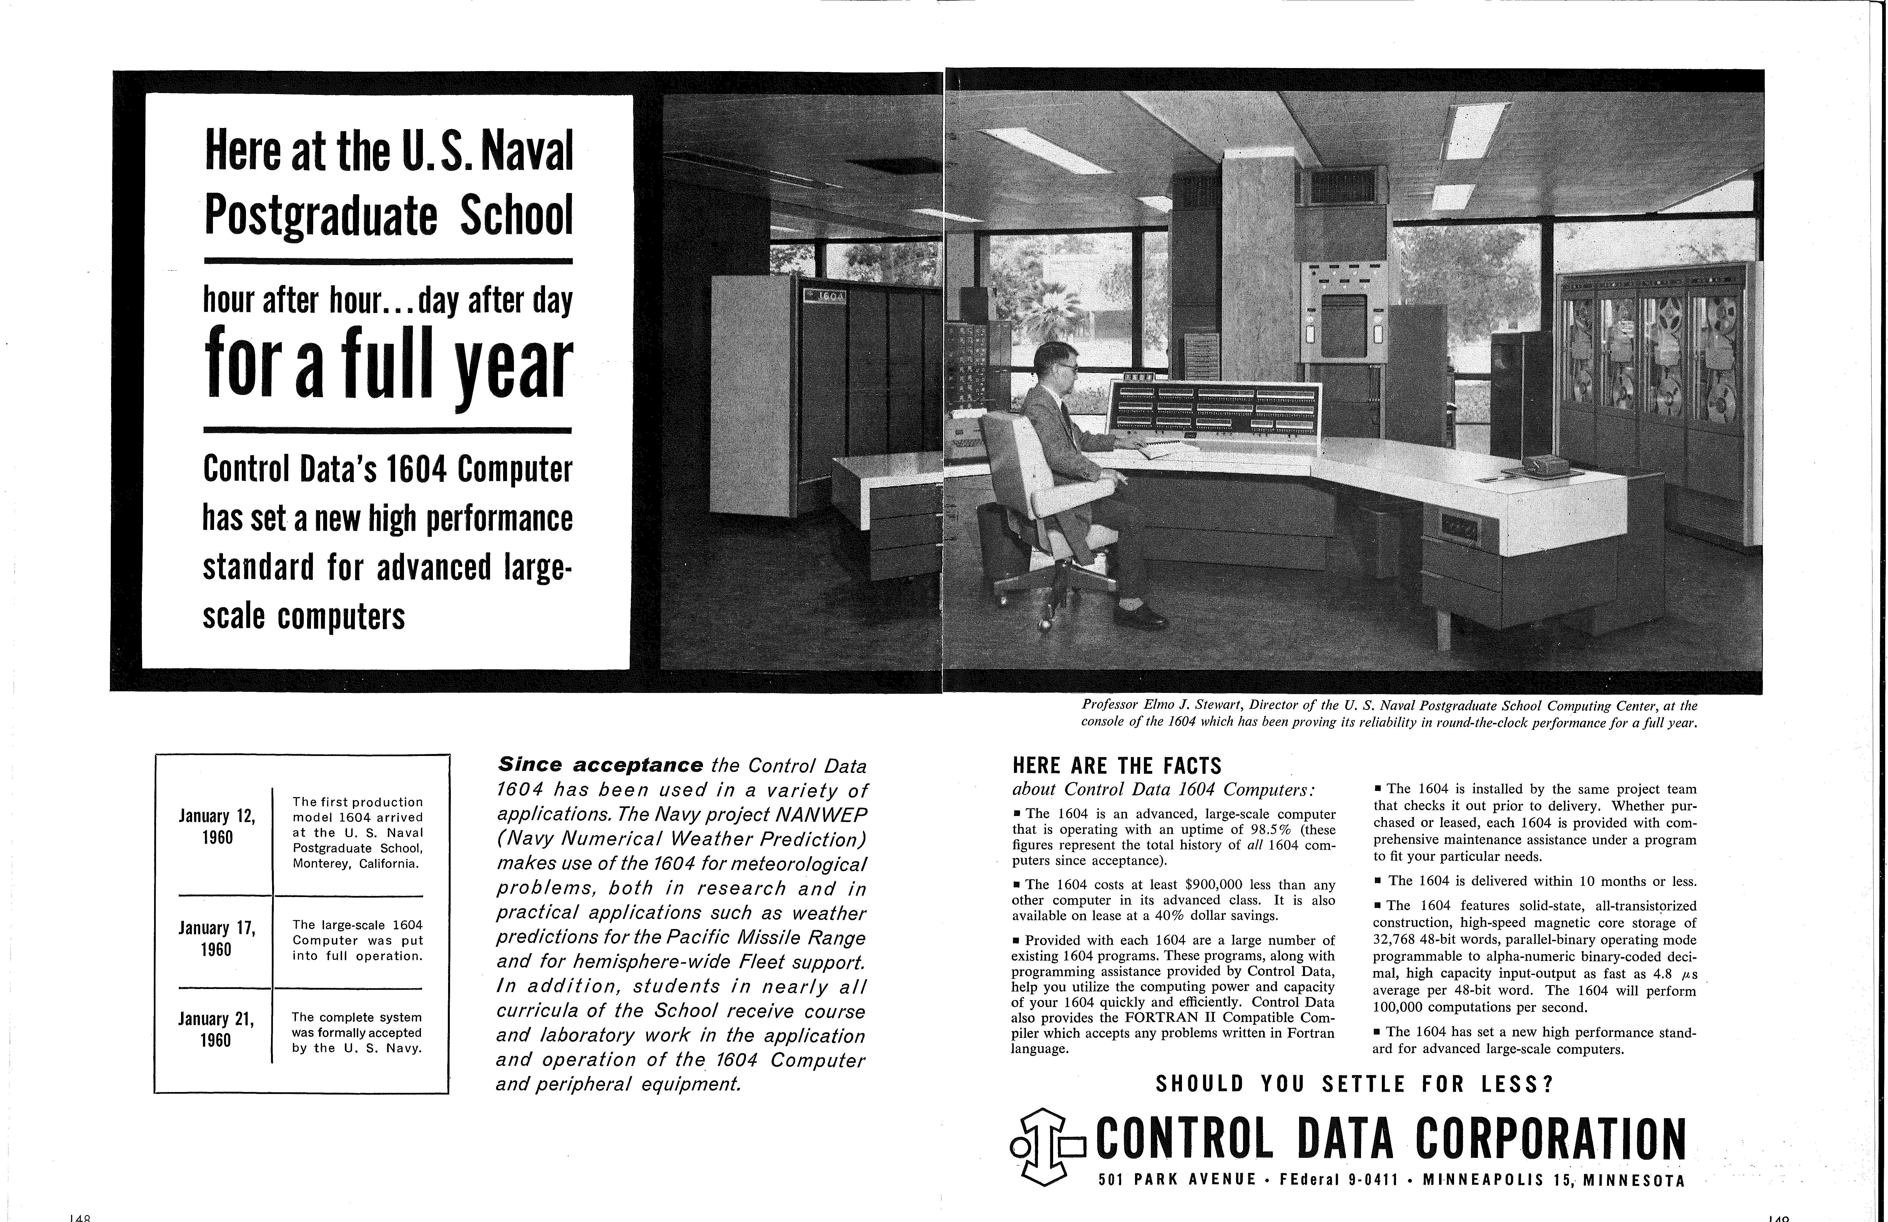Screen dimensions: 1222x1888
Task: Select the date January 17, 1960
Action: (x=217, y=938)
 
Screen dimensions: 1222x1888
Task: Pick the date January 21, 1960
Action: (x=217, y=1029)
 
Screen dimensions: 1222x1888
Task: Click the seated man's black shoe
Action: (x=1139, y=617)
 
